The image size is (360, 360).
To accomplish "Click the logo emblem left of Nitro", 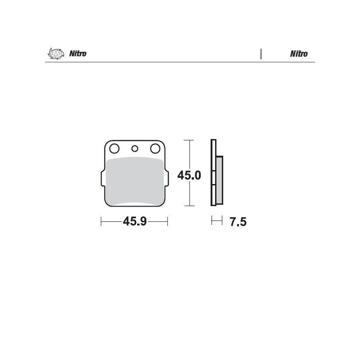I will click(x=54, y=54).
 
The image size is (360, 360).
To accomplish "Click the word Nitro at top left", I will click(x=78, y=54).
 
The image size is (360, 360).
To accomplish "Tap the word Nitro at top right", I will click(x=299, y=54).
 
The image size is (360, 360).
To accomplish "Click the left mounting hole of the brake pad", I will click(x=114, y=148).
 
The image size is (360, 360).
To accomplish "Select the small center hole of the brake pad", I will click(x=134, y=148).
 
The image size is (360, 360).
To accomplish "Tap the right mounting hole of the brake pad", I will click(x=155, y=148).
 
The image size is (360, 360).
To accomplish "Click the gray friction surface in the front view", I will click(x=135, y=180).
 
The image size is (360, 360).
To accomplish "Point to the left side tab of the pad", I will click(x=101, y=179).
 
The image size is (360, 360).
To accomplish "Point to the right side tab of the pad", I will click(x=168, y=179).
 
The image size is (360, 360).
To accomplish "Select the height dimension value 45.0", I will click(x=189, y=175).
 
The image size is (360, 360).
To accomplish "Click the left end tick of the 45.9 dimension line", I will click(x=101, y=221).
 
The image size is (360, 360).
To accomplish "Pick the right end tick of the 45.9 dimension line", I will click(x=168, y=221).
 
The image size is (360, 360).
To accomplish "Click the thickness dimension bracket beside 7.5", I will click(x=217, y=221).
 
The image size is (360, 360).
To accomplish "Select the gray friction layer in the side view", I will click(x=219, y=180).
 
